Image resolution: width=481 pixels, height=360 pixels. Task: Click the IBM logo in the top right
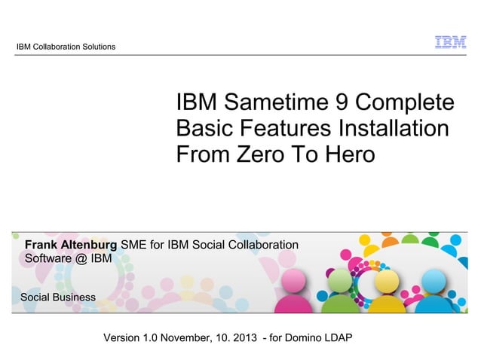pyautogui.click(x=450, y=43)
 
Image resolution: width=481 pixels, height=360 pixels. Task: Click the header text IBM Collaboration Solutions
pyautogui.click(x=66, y=47)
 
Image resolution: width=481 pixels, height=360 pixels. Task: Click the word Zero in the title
pyautogui.click(x=260, y=155)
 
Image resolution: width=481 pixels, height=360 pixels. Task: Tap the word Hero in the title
pyautogui.click(x=349, y=155)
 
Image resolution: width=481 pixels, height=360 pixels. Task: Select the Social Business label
pyautogui.click(x=58, y=297)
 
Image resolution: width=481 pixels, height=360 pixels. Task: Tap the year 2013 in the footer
pyautogui.click(x=240, y=336)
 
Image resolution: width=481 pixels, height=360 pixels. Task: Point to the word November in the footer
pyautogui.click(x=181, y=336)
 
